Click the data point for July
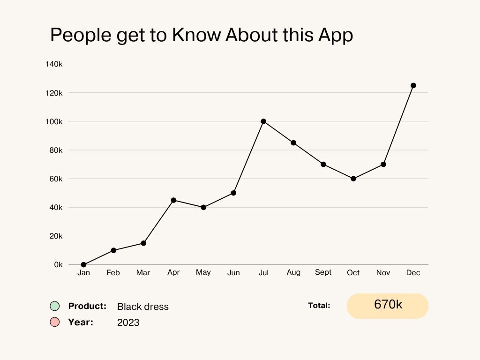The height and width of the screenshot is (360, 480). tap(263, 121)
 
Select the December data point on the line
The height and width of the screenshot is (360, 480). tap(413, 85)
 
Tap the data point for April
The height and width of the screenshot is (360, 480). tap(173, 200)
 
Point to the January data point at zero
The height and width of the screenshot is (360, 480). tap(83, 265)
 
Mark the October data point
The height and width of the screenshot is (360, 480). tap(353, 179)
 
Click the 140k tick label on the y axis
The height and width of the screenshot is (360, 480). tap(54, 64)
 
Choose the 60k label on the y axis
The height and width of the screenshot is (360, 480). tap(55, 179)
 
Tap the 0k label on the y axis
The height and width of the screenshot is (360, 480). tap(58, 265)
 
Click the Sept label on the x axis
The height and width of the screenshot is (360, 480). tap(323, 272)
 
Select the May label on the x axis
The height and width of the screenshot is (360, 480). tap(203, 272)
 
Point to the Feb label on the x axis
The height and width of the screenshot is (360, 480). tap(113, 273)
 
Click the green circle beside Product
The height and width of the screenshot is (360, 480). tap(55, 306)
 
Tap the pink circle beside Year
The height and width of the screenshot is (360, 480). tap(55, 322)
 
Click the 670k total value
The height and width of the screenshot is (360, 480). tap(388, 305)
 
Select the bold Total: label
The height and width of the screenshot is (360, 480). tap(319, 306)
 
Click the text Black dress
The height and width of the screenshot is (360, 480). tap(142, 307)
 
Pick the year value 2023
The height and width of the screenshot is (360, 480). tap(128, 322)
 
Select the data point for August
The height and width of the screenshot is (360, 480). tap(293, 143)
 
